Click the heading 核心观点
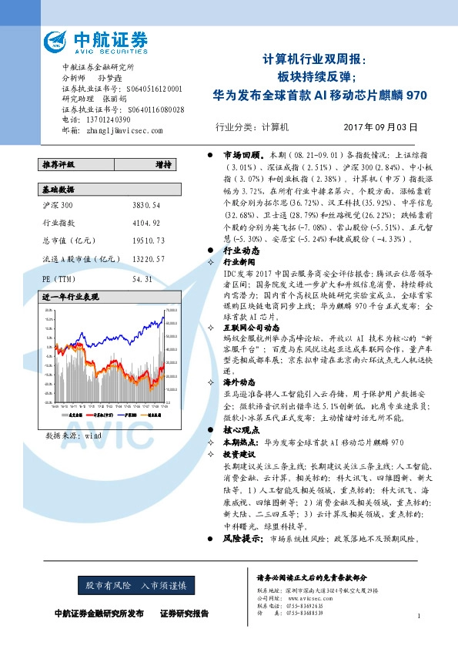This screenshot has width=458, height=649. point(239,429)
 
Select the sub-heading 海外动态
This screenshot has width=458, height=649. point(239,382)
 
